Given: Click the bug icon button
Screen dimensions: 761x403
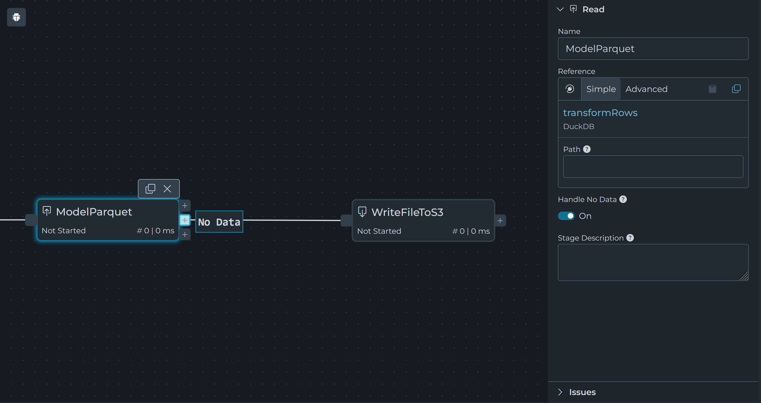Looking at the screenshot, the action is pos(16,17).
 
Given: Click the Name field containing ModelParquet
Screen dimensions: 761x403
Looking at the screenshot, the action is pos(653,49).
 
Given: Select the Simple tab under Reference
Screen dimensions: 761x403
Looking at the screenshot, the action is pos(601,89).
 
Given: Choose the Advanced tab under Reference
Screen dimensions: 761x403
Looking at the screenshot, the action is pos(646,89).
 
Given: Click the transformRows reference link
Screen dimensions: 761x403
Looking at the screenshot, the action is pos(600,113).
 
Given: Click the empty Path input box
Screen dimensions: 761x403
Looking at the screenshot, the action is pos(653,167).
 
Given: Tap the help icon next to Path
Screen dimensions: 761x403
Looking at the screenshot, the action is pos(587,149).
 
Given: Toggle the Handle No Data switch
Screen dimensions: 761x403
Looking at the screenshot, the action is pos(566,216).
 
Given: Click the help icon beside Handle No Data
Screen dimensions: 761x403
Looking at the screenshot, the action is pos(623,199).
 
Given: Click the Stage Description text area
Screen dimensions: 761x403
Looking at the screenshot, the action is pos(653,262).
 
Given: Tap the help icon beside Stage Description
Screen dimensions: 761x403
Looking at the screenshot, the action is pos(630,238).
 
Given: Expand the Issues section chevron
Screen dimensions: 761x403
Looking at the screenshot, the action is pos(560,392).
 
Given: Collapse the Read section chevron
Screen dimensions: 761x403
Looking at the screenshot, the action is pos(560,9).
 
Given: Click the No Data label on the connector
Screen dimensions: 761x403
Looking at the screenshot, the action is pos(219,222).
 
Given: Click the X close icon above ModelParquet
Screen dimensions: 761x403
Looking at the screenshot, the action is pos(167,188).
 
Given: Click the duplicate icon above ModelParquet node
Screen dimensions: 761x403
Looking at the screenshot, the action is pos(150,188).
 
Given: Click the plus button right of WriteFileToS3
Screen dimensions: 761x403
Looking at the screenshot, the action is pos(500,221).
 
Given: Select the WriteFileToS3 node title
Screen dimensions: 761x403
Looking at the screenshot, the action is pos(407,212).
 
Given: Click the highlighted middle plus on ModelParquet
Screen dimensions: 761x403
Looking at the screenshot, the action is pos(185,220).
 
